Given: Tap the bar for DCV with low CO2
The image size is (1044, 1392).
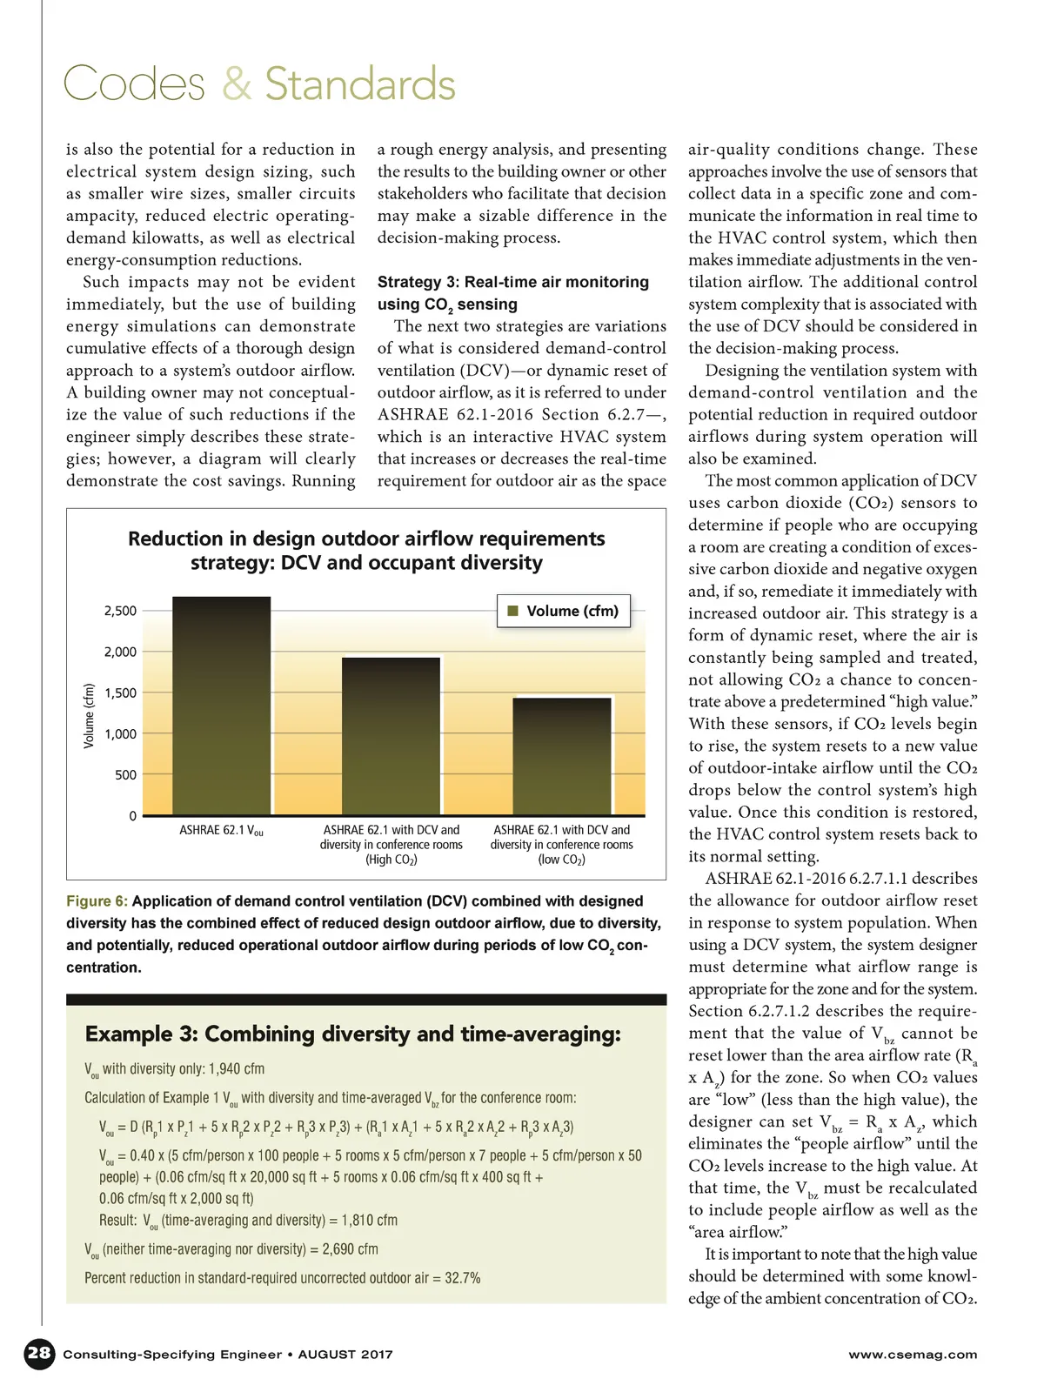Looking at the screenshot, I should [x=561, y=757].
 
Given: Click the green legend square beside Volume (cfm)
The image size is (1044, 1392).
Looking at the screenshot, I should [x=512, y=611].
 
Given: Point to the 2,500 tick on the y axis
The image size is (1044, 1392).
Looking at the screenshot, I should [x=120, y=611].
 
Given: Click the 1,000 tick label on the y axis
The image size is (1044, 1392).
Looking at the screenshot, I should [x=120, y=733].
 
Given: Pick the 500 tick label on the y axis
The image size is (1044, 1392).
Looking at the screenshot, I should [x=125, y=774].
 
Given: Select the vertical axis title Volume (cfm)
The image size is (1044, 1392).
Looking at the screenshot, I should [x=89, y=715].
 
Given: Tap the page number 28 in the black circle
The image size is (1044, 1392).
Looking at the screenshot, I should [x=39, y=1353].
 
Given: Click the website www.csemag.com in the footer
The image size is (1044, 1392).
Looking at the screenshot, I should [x=913, y=1355].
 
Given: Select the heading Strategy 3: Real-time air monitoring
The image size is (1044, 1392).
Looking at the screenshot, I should [x=512, y=282].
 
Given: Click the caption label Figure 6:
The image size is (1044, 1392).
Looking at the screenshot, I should [x=97, y=901].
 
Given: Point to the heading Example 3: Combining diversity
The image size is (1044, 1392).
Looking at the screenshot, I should [x=352, y=1034].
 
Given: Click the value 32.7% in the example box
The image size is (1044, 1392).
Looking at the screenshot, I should [x=463, y=1278].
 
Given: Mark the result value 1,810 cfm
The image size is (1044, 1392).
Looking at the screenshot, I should [x=370, y=1220].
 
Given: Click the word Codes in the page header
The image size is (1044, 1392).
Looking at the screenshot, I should [x=134, y=84].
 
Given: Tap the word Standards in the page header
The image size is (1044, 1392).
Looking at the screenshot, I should [x=360, y=84].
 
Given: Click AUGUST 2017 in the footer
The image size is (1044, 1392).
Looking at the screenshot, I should [x=345, y=1355].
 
